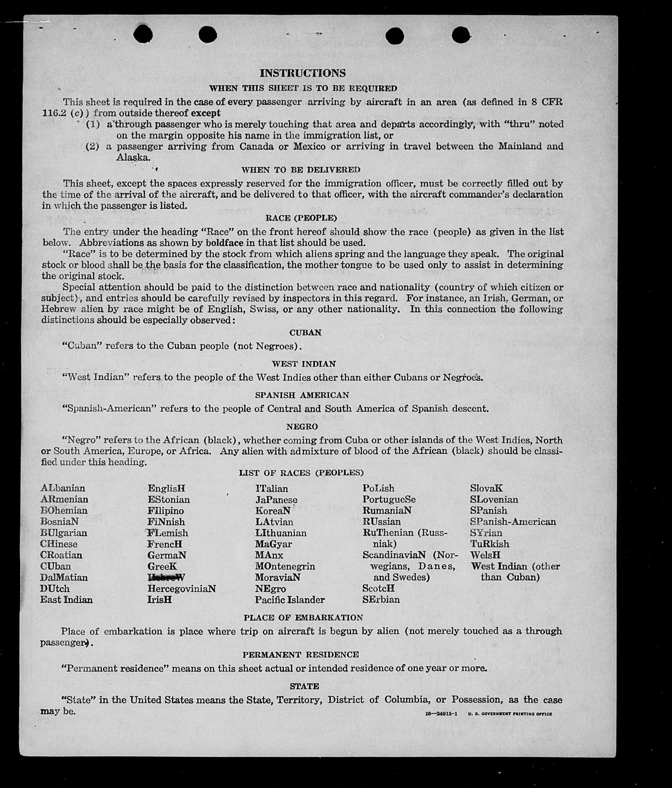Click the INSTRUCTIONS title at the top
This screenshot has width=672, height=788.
pos(303,73)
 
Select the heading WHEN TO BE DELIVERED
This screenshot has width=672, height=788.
pos(301,170)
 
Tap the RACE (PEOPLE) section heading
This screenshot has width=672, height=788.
pos(301,218)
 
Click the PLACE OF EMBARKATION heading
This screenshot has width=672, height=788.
pos(303,617)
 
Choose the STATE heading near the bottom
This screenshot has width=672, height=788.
pos(304,686)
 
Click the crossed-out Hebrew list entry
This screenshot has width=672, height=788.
pos(166,577)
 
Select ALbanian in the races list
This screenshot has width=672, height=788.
pos(63,488)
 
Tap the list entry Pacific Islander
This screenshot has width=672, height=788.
pos(290,600)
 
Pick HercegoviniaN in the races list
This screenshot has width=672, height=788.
pos(182,589)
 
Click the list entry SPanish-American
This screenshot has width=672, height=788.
pos(513,522)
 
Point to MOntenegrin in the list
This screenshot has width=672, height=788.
pos(285,566)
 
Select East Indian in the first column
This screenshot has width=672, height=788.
pos(67,600)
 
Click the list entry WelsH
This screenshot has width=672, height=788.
pos(485,555)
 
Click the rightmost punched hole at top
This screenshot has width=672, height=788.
pos(461,36)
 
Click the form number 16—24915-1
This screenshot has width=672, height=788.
pos(441,714)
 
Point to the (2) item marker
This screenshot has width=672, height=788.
pos(92,146)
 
